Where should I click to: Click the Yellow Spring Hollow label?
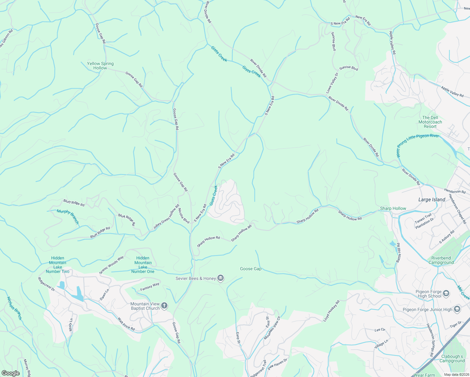(100, 66)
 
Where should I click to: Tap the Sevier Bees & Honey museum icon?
(221, 278)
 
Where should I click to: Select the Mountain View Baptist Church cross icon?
(164, 306)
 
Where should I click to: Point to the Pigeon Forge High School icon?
(446, 294)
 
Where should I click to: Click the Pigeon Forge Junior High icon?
(457, 309)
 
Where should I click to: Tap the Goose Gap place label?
(251, 269)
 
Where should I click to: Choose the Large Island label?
(432, 199)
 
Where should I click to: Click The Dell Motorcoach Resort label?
(430, 122)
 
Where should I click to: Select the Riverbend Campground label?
(441, 260)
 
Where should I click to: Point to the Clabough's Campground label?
(452, 358)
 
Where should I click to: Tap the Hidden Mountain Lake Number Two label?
(57, 265)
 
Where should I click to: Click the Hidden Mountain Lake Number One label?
(143, 265)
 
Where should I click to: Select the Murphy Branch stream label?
(68, 217)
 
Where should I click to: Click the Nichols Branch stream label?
(14, 308)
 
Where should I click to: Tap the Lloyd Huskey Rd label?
(331, 311)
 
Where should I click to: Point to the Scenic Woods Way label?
(111, 265)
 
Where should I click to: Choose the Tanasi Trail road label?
(423, 217)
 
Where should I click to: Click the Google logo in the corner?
(10, 373)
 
